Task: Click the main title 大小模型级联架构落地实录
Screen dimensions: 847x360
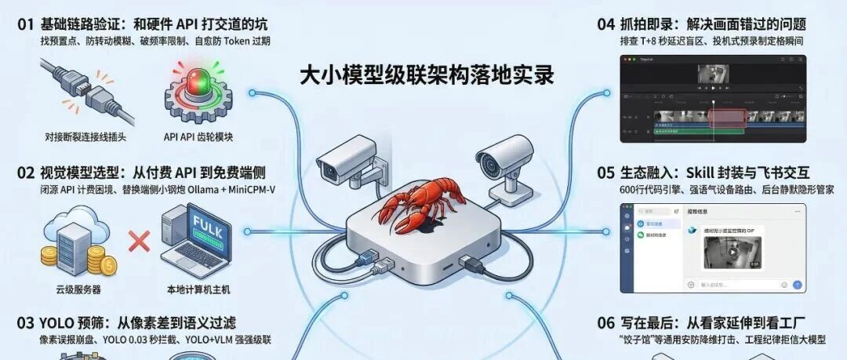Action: [427, 75]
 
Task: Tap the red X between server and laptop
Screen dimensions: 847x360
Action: [139, 241]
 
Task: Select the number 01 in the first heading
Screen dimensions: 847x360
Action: [27, 24]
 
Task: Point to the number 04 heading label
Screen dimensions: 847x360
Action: [605, 24]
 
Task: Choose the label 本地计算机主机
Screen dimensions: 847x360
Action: [198, 289]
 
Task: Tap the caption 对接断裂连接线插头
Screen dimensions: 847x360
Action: [85, 136]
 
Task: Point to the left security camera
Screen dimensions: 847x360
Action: [340, 160]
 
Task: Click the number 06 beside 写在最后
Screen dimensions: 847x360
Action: [605, 322]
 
